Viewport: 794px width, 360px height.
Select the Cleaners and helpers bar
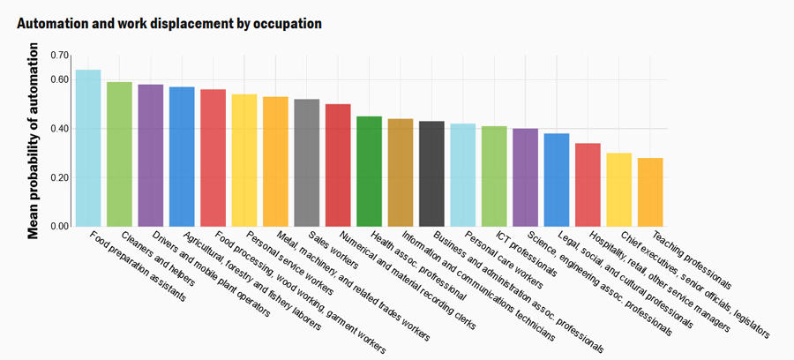click(x=119, y=154)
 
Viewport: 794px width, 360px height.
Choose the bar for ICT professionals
click(x=494, y=176)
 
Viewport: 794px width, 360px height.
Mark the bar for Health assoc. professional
click(x=369, y=171)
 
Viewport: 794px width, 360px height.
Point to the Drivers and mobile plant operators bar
click(x=151, y=155)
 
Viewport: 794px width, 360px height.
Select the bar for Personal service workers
click(x=244, y=161)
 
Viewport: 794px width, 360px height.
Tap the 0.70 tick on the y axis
click(x=59, y=56)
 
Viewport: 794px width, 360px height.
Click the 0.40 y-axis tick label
click(x=59, y=129)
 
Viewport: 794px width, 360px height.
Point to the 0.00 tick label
click(x=59, y=227)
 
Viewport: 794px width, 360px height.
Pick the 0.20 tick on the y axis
click(x=59, y=177)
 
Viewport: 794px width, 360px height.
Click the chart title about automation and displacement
click(x=169, y=23)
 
